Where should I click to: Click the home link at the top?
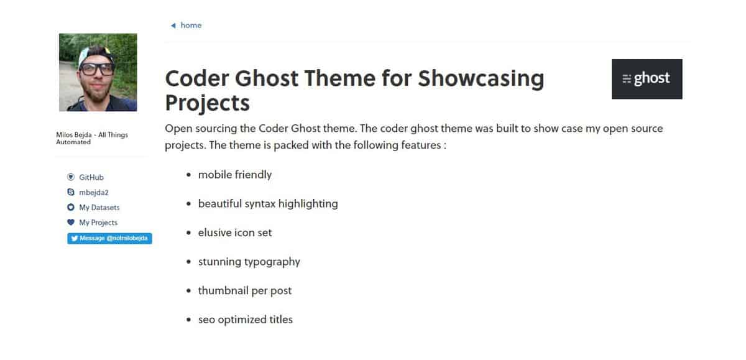[x=191, y=25]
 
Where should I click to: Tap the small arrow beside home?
[x=173, y=25]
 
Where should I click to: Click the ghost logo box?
[x=647, y=79]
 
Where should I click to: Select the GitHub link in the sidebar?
[x=91, y=178]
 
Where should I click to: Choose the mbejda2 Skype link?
[x=94, y=193]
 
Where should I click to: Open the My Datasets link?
[x=99, y=208]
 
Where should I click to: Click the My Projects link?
[x=98, y=223]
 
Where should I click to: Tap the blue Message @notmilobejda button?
[x=109, y=238]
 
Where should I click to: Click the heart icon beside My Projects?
[x=71, y=223]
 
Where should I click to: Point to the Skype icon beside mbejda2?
[x=71, y=193]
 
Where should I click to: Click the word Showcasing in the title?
[x=481, y=79]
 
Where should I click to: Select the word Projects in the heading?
[x=207, y=103]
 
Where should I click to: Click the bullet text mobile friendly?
[x=234, y=175]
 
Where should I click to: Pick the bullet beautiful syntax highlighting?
[x=268, y=204]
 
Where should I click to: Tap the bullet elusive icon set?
[x=234, y=233]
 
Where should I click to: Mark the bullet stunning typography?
[x=249, y=262]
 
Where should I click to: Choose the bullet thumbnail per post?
[x=244, y=291]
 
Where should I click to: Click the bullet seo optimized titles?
[x=245, y=320]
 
